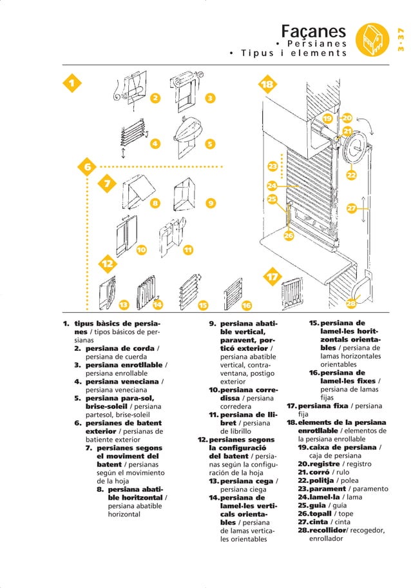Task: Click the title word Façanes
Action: tap(314, 31)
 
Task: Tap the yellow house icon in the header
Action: tap(373, 38)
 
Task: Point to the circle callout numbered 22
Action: tap(352, 175)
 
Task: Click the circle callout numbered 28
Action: tap(351, 303)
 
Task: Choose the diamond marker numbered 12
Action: tap(107, 264)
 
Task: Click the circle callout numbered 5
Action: tap(209, 144)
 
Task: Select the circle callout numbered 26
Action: tap(289, 236)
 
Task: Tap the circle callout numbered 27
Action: tap(352, 208)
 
